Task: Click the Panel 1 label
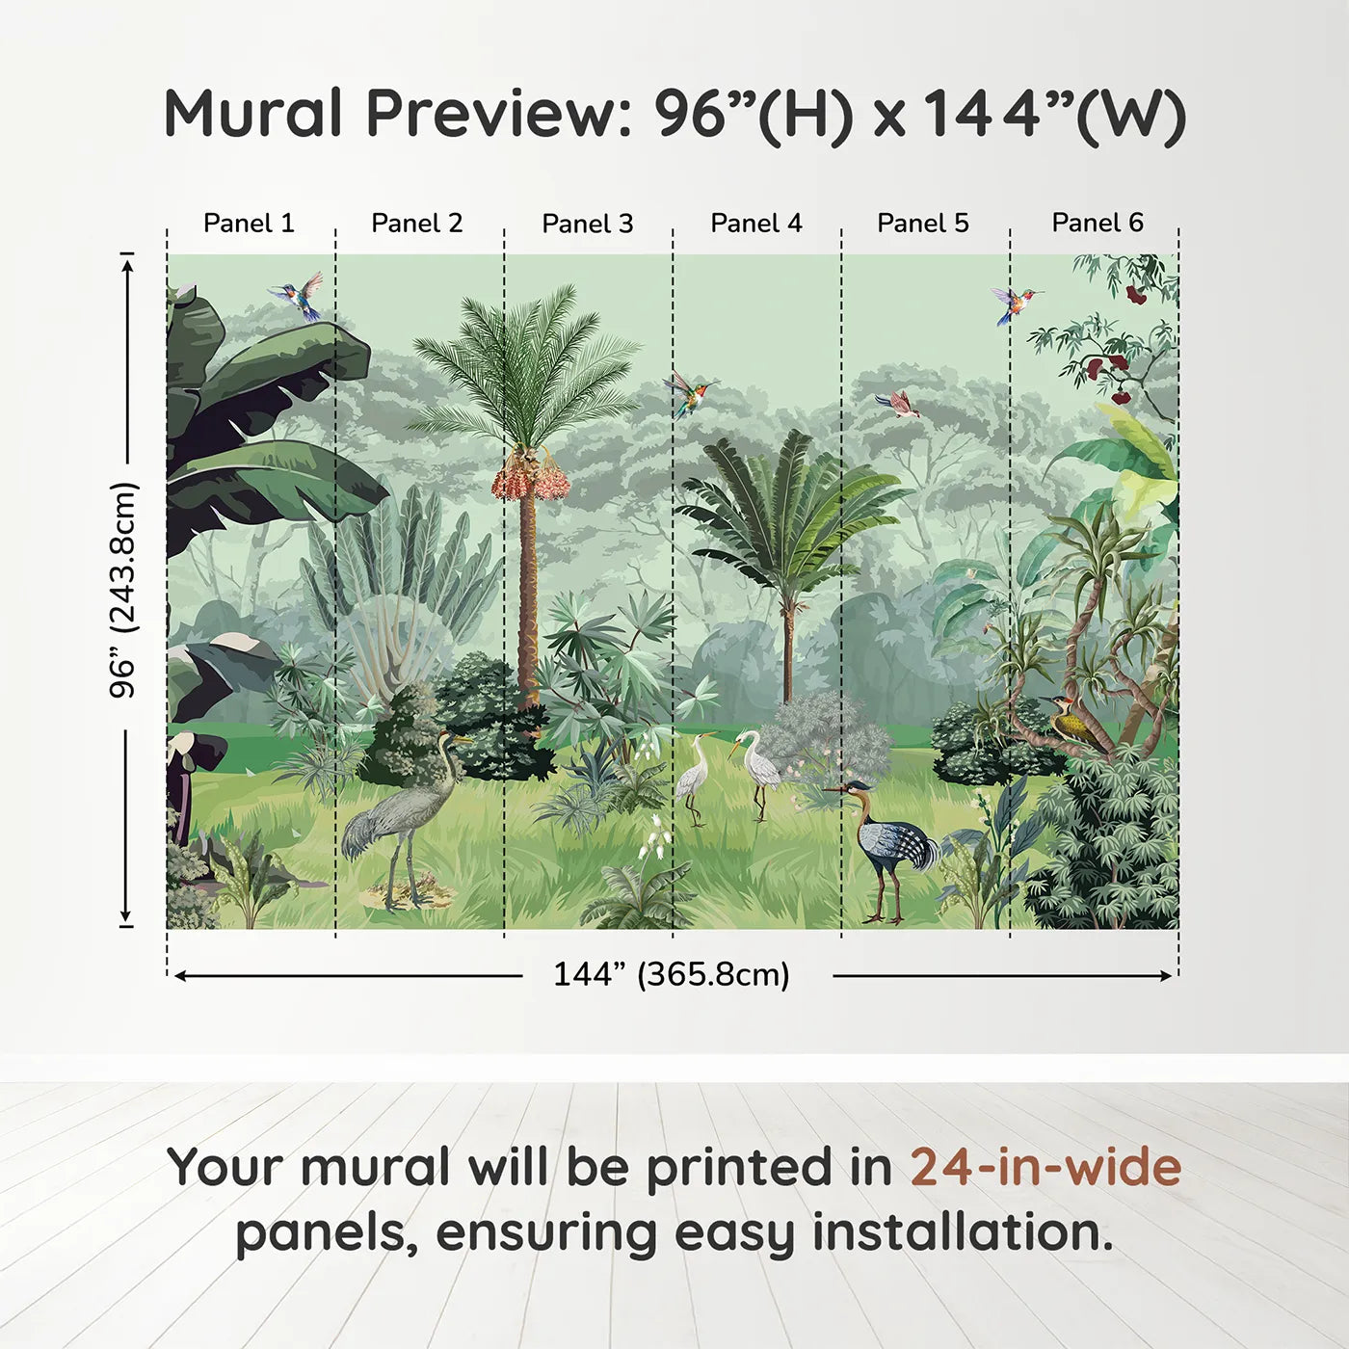point(249,224)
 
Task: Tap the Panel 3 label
point(588,224)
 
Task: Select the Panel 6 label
point(1097,223)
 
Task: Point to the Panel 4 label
point(756,224)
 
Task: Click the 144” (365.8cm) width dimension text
point(672,974)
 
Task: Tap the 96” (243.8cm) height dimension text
point(124,590)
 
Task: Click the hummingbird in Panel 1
point(297,296)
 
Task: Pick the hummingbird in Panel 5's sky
point(1016,304)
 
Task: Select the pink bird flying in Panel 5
point(898,403)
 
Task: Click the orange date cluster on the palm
point(529,475)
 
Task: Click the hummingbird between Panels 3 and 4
point(690,393)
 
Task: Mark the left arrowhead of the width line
point(179,976)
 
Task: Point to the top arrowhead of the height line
point(126,266)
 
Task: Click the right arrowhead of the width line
point(1166,976)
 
